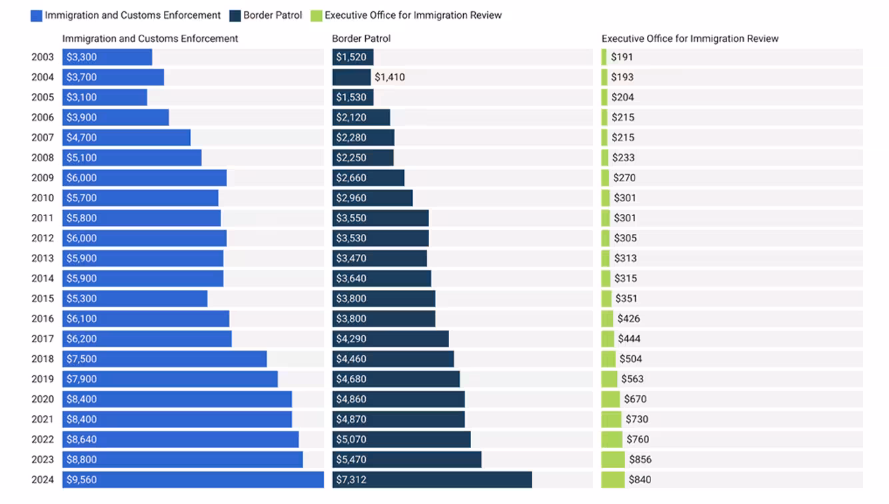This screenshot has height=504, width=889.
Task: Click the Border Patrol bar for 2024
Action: (432, 479)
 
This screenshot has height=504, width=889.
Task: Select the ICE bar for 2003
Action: (107, 57)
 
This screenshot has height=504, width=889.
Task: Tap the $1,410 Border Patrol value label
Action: (389, 77)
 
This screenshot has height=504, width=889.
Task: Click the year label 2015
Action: (43, 299)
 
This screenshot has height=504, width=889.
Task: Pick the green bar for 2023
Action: (613, 459)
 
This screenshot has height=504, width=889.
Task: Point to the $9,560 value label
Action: (81, 479)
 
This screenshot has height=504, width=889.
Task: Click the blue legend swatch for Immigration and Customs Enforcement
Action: (36, 15)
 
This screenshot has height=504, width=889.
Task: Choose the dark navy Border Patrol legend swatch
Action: (235, 15)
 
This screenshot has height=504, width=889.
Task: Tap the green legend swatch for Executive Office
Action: (317, 15)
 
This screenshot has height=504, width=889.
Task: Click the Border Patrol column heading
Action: (361, 39)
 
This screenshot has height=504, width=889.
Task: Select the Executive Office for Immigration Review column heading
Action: (690, 39)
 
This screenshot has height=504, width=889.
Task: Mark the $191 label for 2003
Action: (622, 57)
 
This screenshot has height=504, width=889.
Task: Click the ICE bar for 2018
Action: (165, 359)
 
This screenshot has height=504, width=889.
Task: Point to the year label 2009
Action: (43, 178)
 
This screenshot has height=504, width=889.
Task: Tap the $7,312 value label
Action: (351, 479)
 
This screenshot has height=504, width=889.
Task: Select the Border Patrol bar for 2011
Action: (381, 218)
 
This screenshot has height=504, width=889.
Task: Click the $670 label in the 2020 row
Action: (635, 399)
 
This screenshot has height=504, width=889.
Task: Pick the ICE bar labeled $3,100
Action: (105, 97)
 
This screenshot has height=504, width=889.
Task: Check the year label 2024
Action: (43, 479)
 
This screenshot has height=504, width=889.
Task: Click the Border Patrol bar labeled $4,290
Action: (391, 339)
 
